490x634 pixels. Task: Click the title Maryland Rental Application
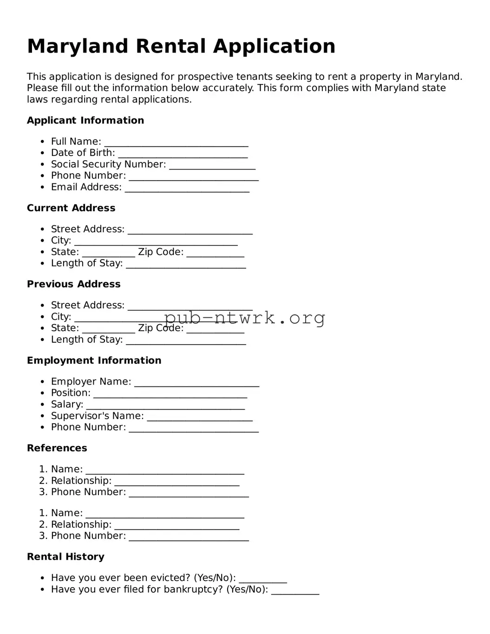click(x=181, y=46)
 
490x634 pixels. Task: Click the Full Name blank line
click(x=176, y=142)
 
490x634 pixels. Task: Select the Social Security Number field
click(x=212, y=165)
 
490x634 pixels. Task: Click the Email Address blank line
click(x=187, y=188)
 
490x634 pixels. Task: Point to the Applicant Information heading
click(x=85, y=121)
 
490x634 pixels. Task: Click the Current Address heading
click(x=71, y=208)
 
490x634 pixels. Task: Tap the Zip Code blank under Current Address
click(x=215, y=253)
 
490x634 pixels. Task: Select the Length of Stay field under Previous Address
click(x=186, y=340)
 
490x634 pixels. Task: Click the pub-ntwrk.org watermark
click(x=244, y=318)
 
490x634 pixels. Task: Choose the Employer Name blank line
click(x=196, y=382)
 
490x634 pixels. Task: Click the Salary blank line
click(x=165, y=405)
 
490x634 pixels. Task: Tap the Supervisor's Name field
click(x=200, y=417)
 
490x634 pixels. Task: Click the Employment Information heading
click(x=94, y=360)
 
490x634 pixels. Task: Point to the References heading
click(x=57, y=448)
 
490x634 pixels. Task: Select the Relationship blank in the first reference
click(x=176, y=482)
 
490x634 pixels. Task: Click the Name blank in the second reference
click(x=165, y=514)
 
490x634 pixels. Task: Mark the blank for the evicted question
click(x=263, y=579)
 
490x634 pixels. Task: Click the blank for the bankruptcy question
click(x=295, y=590)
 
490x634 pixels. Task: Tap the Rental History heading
click(x=65, y=557)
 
